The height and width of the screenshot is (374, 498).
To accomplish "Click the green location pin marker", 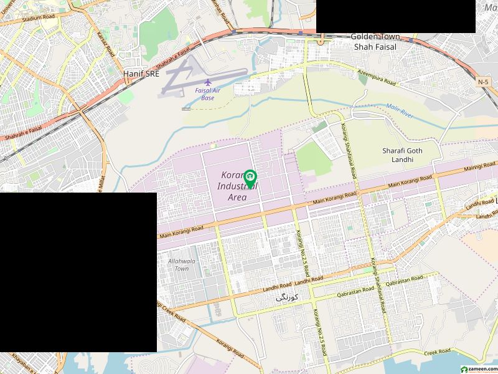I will [250, 178].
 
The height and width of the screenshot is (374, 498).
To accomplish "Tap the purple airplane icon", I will [208, 82].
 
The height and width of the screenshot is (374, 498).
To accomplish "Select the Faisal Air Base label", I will [209, 94].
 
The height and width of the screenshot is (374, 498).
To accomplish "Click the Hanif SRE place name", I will [141, 74].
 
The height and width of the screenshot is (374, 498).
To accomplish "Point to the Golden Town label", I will [374, 37].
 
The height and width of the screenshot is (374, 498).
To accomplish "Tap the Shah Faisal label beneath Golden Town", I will [375, 47].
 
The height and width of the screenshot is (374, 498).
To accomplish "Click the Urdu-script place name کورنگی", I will [287, 299].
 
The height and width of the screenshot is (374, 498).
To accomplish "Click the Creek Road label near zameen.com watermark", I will [438, 353].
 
